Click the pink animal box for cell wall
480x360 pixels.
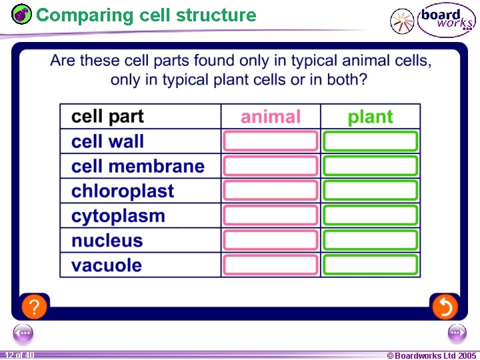(x=271, y=141)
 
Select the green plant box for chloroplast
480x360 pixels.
(x=371, y=191)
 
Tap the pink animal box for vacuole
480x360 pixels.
(x=271, y=265)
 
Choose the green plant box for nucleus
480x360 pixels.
(x=371, y=240)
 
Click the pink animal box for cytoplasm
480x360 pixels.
(x=271, y=215)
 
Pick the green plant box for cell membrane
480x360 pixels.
(x=371, y=166)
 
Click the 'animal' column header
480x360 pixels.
(x=271, y=117)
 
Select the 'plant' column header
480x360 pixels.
(x=370, y=117)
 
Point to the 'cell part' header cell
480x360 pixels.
(x=107, y=117)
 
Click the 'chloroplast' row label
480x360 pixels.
(x=123, y=191)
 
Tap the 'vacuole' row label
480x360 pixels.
(x=107, y=265)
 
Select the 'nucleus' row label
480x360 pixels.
(x=107, y=241)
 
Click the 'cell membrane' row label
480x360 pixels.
(x=138, y=167)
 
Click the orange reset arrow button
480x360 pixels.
(x=444, y=307)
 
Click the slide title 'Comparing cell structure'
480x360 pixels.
(x=146, y=15)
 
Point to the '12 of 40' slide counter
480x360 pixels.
(x=19, y=355)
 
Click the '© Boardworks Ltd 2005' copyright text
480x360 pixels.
(x=431, y=355)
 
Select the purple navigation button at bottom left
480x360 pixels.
(x=23, y=333)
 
